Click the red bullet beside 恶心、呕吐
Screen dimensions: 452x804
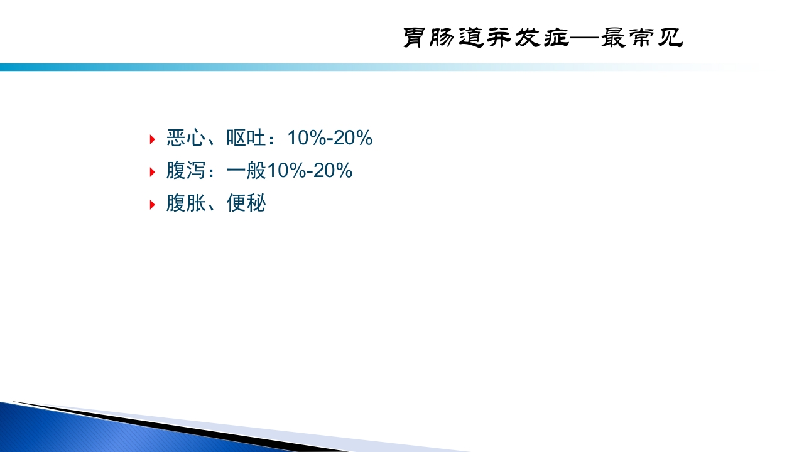point(152,139)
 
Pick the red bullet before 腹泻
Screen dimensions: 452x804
point(152,171)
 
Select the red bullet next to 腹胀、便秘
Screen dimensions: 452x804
point(152,204)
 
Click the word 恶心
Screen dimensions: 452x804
point(186,138)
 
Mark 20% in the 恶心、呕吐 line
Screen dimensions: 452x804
point(353,138)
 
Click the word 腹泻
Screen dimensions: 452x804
point(186,171)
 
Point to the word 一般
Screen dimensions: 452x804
point(246,171)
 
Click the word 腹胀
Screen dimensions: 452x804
point(186,203)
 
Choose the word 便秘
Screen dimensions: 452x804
point(246,203)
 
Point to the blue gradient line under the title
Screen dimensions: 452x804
point(251,67)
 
